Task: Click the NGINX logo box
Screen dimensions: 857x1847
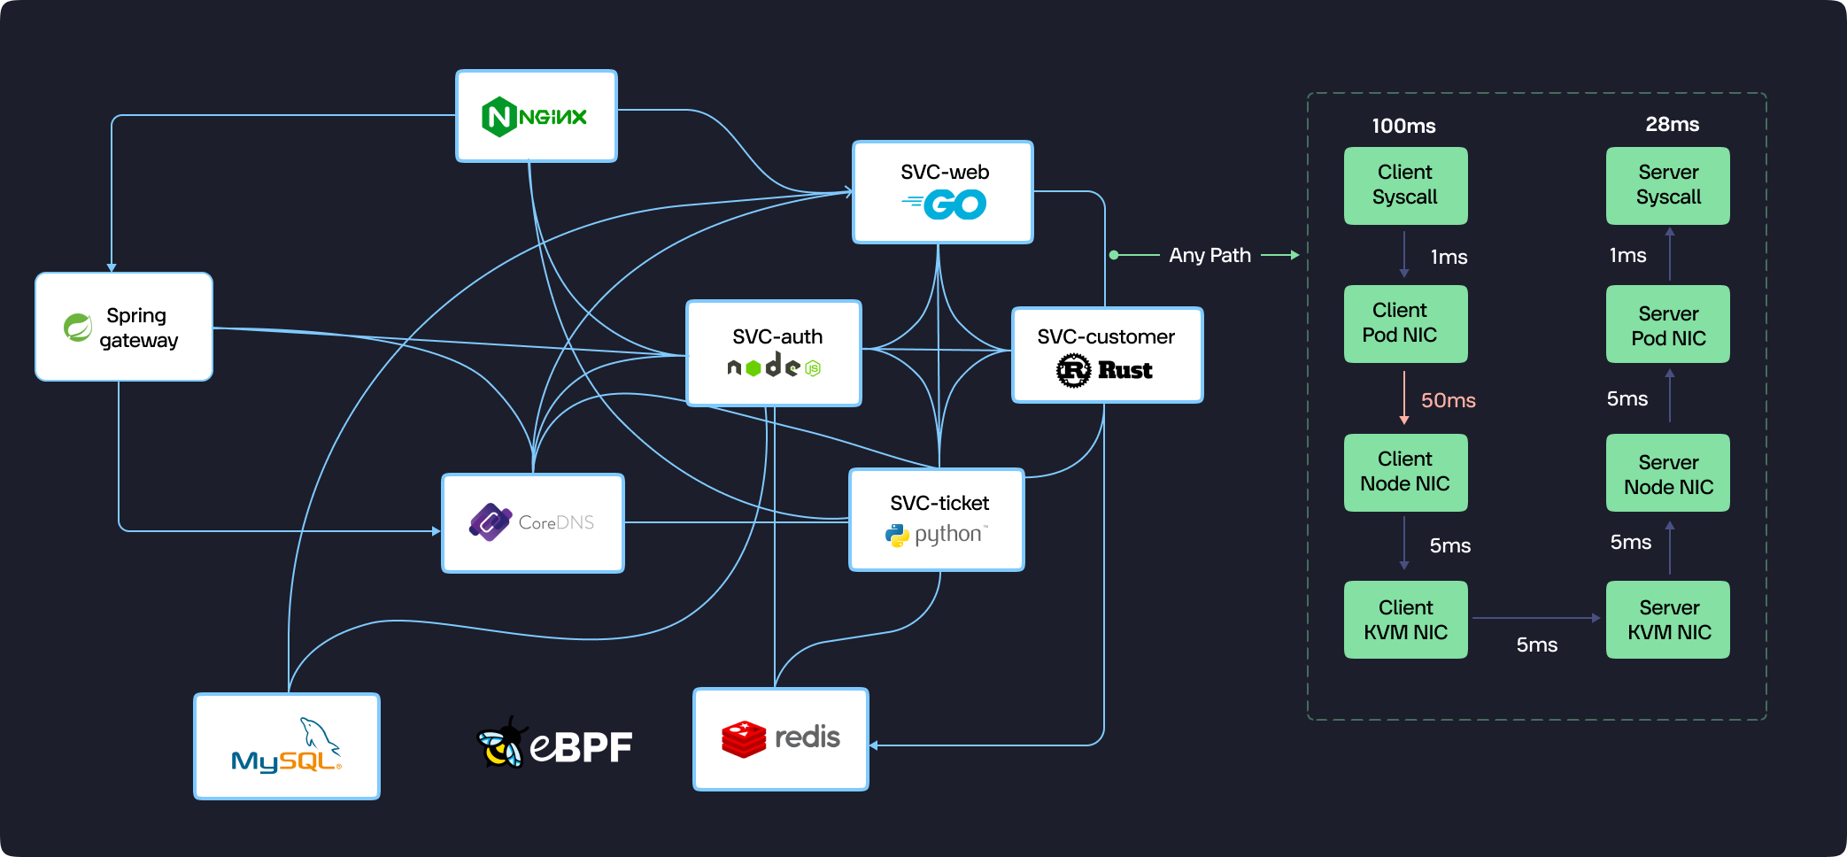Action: point(536,116)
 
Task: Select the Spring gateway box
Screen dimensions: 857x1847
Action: point(124,327)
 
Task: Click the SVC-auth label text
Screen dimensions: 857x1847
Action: point(777,336)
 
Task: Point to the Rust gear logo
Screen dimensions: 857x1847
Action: point(1073,370)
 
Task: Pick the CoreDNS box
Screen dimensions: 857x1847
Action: point(533,522)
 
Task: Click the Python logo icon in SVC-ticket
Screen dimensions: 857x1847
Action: point(897,535)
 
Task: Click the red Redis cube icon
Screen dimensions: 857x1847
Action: point(744,738)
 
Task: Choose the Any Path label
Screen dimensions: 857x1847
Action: point(1209,255)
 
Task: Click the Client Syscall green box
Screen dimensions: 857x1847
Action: point(1405,185)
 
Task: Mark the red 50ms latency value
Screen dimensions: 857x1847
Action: point(1448,400)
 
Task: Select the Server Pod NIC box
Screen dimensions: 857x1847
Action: point(1667,325)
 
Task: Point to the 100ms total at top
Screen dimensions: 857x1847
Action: point(1403,126)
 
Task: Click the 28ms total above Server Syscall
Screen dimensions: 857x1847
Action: point(1672,124)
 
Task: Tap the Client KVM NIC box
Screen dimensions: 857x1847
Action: point(1405,620)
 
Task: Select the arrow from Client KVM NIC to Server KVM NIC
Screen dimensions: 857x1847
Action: point(1535,618)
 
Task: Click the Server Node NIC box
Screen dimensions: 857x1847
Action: point(1667,474)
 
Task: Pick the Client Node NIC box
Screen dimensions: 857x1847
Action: point(1405,472)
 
